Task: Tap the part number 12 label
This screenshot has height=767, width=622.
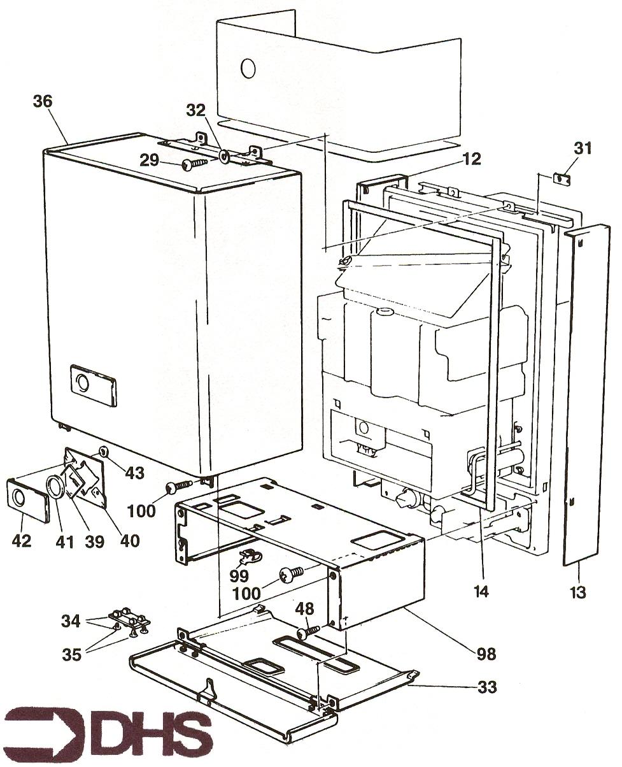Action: [472, 159]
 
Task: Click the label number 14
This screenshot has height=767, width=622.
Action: [481, 592]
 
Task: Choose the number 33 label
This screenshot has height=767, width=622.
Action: [487, 687]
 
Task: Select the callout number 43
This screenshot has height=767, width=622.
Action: [134, 473]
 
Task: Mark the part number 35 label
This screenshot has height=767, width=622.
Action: [72, 654]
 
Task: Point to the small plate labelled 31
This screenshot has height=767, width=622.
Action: [561, 179]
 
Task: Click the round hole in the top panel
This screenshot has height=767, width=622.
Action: [248, 68]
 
